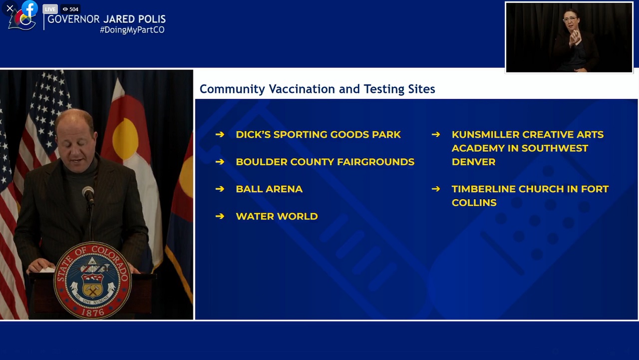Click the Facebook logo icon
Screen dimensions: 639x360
pos(29,8)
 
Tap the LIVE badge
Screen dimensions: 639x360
pos(50,9)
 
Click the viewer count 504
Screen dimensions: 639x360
pos(74,9)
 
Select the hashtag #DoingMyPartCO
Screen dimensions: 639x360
pos(132,30)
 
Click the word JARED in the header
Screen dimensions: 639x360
pos(119,19)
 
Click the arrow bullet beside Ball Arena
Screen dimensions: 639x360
pos(220,189)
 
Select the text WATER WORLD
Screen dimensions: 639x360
pos(277,216)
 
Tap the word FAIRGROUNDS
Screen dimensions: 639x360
pos(376,162)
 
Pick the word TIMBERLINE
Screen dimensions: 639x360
pos(484,189)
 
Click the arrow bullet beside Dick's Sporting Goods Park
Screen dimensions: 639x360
pos(220,134)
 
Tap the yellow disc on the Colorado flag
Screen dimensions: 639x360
pos(125,139)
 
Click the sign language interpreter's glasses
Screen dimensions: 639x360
pos(570,19)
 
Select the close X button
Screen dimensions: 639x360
pos(9,8)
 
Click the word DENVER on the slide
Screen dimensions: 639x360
pos(474,162)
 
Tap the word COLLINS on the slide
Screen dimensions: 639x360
pos(474,203)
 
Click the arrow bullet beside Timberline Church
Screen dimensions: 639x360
pos(436,189)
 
